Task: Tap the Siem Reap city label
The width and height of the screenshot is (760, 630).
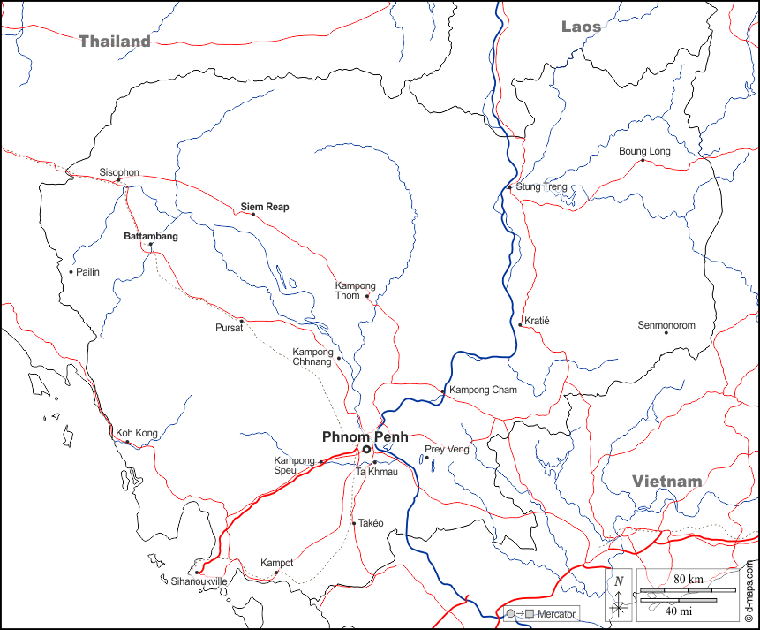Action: click(x=265, y=207)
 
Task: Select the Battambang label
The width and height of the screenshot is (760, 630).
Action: click(x=150, y=237)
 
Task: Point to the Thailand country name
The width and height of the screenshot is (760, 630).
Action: click(x=115, y=42)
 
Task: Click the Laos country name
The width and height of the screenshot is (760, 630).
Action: click(x=581, y=27)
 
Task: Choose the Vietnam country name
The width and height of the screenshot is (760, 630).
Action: click(x=666, y=482)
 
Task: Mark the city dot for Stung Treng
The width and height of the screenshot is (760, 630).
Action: click(x=510, y=187)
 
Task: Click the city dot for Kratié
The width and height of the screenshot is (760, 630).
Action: click(x=521, y=325)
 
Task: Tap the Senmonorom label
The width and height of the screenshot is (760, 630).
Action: click(x=666, y=325)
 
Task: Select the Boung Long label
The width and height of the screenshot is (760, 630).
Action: click(x=644, y=151)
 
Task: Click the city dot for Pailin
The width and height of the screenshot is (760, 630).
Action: click(x=71, y=271)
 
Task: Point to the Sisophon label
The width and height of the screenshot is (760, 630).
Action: click(x=119, y=172)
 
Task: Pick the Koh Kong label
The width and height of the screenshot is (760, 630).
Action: click(x=136, y=433)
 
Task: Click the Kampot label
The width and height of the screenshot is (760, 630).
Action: click(x=276, y=563)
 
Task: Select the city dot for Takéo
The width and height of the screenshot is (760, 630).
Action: click(x=354, y=523)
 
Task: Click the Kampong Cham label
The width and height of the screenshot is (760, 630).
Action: click(x=483, y=390)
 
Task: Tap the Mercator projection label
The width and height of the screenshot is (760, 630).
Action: click(x=556, y=613)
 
